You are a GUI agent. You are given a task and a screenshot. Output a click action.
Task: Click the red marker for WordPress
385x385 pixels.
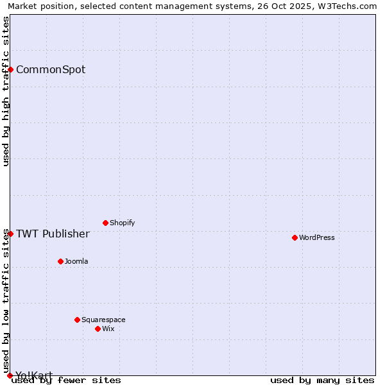(295, 237)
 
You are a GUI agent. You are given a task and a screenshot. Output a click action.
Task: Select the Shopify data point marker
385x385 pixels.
(105, 223)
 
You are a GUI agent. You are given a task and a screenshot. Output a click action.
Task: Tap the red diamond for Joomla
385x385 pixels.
(60, 261)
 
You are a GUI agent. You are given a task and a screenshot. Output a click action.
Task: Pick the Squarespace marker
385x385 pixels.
(77, 320)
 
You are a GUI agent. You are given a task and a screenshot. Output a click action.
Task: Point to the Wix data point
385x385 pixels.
(98, 329)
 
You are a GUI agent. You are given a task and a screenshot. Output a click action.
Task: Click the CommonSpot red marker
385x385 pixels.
(11, 69)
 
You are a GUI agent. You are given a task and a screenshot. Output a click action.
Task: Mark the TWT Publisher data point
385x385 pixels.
(10, 234)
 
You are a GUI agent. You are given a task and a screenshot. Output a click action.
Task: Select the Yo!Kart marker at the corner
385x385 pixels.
(10, 375)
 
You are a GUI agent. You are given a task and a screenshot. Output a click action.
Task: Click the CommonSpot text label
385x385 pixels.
(51, 69)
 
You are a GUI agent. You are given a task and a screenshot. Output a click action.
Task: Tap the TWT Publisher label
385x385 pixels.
(53, 234)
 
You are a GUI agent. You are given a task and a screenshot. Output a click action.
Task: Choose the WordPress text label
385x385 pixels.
(317, 237)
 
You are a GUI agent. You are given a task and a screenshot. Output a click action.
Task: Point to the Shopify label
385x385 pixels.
(122, 223)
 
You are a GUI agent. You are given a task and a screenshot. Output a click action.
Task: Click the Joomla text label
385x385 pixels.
(76, 261)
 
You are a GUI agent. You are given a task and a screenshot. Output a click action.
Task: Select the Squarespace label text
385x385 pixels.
(103, 320)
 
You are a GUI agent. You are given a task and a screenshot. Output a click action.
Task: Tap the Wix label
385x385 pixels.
(108, 329)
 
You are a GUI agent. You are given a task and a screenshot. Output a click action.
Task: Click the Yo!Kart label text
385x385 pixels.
(34, 375)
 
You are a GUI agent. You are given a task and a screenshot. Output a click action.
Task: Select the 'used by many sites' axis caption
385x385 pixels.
(322, 380)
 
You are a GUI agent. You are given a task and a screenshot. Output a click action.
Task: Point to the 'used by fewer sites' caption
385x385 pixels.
(67, 380)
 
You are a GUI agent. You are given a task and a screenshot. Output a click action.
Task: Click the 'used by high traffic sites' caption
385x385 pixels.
(6, 91)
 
